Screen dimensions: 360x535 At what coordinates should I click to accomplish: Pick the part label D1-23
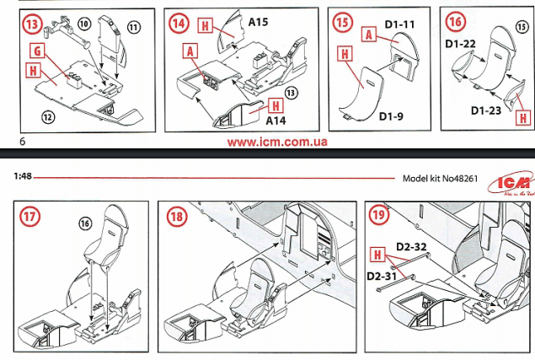tap(484, 110)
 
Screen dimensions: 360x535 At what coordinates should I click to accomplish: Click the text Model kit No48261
tap(440, 178)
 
